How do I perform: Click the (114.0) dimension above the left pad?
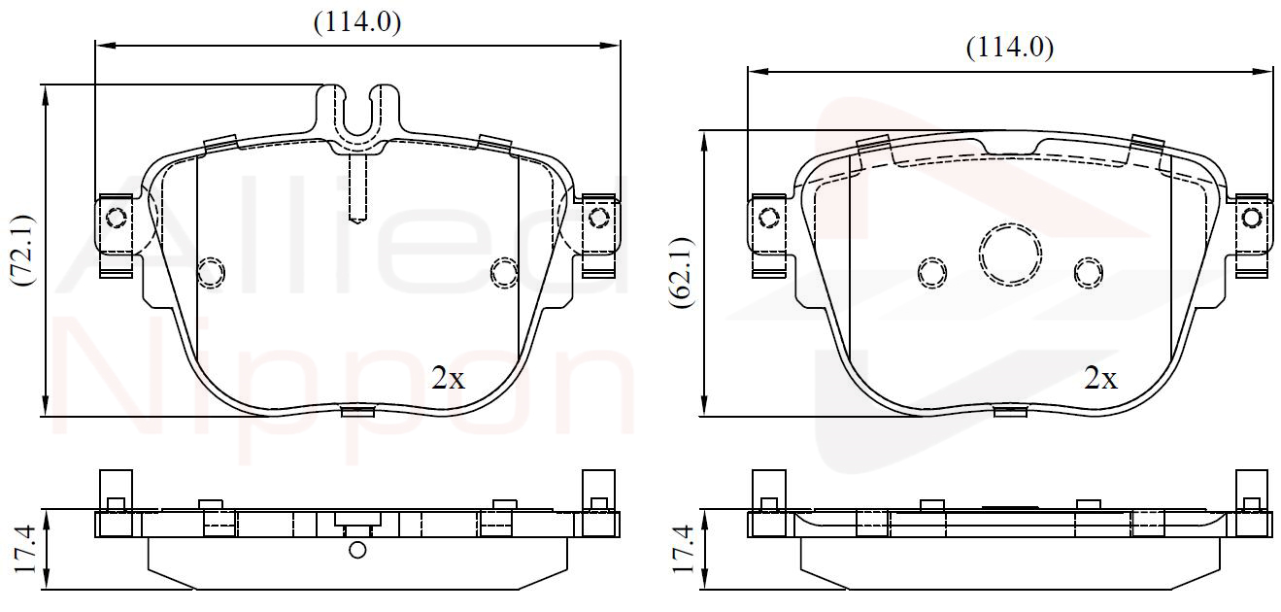tap(357, 22)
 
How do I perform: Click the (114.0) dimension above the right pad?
tap(1010, 48)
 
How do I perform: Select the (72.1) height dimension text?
tap(22, 251)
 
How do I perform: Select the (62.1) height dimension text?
tap(681, 273)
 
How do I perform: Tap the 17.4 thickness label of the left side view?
tap(24, 550)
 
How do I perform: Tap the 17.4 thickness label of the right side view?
tap(684, 550)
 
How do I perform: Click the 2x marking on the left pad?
tap(449, 378)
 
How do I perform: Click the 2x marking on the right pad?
tap(1101, 378)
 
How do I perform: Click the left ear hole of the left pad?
tap(117, 218)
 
